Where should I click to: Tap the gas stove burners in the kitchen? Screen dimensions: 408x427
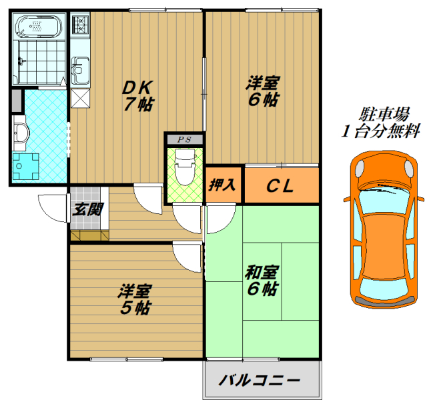tap(80, 27)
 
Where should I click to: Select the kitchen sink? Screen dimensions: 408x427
tap(81, 67)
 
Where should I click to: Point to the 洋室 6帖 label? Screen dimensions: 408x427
tap(262, 91)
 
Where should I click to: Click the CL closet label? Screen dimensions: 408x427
tap(280, 186)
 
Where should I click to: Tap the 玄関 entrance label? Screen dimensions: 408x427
tap(87, 209)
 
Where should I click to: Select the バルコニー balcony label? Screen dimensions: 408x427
tap(260, 381)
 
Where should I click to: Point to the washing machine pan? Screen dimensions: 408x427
tap(25, 167)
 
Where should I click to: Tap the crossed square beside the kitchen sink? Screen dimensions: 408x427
tap(79, 98)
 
